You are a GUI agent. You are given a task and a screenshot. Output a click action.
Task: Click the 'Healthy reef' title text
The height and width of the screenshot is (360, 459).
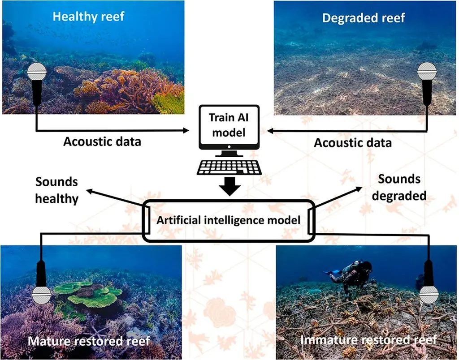[88, 17]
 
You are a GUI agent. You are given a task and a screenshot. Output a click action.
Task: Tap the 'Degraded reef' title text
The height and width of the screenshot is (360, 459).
[364, 18]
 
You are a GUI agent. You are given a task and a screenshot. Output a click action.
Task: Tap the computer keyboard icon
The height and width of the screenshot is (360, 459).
[229, 167]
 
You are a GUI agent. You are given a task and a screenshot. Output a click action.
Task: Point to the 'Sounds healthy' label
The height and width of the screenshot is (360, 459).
[56, 190]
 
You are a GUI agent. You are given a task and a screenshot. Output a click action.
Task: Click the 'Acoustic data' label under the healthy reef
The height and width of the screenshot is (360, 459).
[102, 141]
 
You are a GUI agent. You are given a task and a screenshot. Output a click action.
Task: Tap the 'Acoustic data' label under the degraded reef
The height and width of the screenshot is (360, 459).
[352, 142]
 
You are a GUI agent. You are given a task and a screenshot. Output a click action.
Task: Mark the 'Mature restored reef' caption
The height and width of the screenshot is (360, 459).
[89, 341]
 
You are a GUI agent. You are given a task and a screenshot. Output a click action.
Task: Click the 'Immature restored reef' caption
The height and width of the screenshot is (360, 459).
[368, 340]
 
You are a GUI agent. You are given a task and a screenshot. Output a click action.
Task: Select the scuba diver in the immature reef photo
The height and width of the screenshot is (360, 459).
[352, 273]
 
